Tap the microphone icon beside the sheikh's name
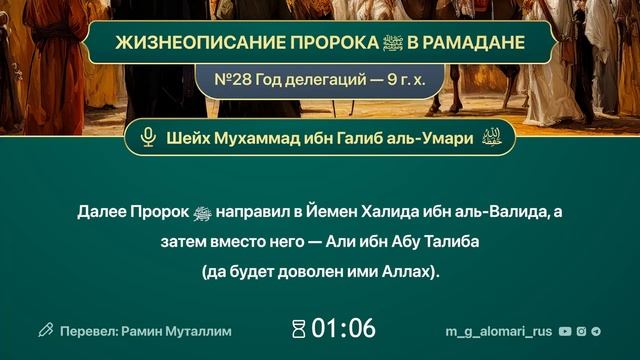[149, 138]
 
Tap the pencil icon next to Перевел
[45, 328]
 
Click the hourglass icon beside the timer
[297, 328]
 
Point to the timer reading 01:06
[343, 328]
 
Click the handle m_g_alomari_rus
[498, 329]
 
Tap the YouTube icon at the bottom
[565, 329]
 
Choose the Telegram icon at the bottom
[597, 329]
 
